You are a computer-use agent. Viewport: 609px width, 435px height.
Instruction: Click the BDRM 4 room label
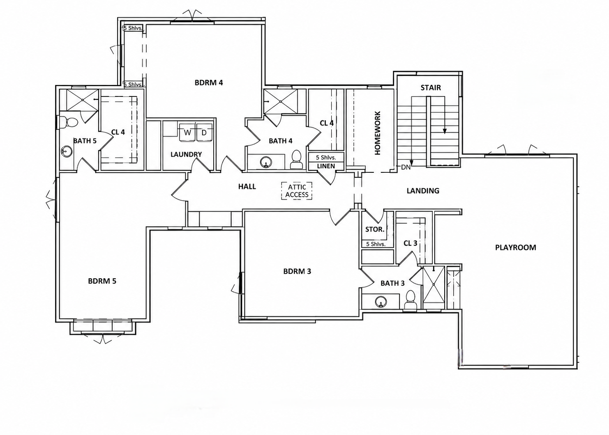click(209, 82)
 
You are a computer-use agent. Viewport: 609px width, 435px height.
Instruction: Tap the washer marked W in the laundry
click(187, 132)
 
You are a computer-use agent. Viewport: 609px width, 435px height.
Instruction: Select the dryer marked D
click(204, 132)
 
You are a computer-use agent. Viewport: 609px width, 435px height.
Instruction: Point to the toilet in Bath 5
click(69, 122)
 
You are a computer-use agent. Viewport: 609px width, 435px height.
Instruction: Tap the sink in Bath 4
click(265, 163)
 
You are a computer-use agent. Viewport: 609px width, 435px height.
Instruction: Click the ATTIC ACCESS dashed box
click(297, 191)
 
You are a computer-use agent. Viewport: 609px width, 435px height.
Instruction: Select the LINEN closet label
click(326, 166)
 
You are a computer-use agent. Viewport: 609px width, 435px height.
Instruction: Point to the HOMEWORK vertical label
click(377, 133)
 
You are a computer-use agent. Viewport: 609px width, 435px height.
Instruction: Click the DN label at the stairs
click(406, 167)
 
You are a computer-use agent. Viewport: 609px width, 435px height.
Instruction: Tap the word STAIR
click(431, 88)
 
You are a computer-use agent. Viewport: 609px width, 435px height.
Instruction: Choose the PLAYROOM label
click(515, 247)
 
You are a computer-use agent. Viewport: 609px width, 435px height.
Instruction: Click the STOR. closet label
click(375, 229)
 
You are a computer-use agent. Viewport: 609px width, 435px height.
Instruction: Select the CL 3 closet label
click(410, 243)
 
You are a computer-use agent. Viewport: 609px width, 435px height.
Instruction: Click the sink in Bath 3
click(381, 301)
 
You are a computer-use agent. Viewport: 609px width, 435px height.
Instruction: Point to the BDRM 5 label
click(102, 281)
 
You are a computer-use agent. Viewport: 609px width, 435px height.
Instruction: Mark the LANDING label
click(423, 191)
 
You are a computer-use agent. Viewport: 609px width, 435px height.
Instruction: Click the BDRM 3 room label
click(297, 271)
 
